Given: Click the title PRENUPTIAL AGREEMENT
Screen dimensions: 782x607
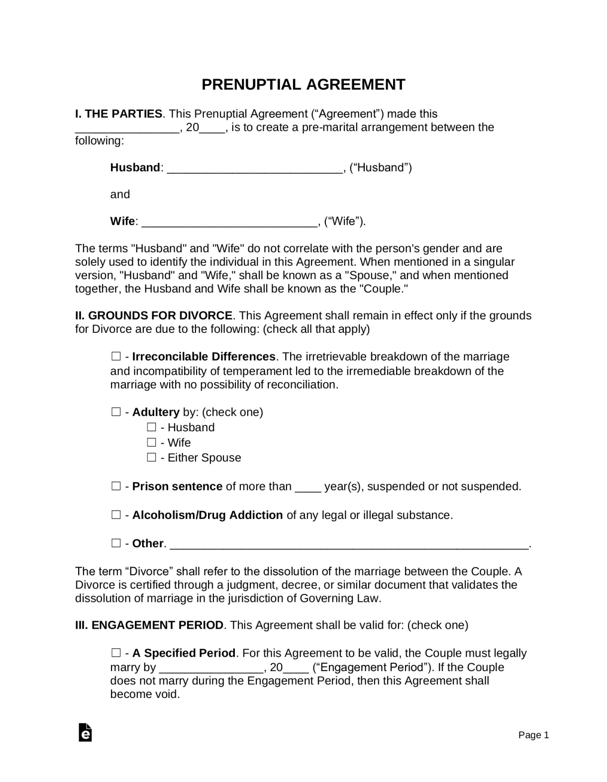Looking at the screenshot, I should point(303,85).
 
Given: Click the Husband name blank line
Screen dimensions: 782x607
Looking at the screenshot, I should point(255,168).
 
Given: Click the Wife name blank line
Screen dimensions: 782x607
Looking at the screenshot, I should point(229,222).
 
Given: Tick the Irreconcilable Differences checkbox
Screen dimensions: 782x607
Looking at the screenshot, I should point(116,356).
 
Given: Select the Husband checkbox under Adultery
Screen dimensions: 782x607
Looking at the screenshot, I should point(151,427).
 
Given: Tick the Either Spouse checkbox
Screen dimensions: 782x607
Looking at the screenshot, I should point(151,457).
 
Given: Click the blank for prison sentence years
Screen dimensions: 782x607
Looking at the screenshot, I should point(307,487).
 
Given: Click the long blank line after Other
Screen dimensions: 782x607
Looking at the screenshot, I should point(348,544).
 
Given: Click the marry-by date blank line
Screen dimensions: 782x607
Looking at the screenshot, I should point(211,668).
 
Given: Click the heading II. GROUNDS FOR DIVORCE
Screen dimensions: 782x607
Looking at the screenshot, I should point(154,315).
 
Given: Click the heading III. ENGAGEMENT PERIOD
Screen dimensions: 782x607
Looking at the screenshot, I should point(149,625).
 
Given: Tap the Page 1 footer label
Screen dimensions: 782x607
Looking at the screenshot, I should point(533,735).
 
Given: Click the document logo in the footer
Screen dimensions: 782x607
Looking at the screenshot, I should point(85,732).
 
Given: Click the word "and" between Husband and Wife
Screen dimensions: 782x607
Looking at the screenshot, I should point(120,195).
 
